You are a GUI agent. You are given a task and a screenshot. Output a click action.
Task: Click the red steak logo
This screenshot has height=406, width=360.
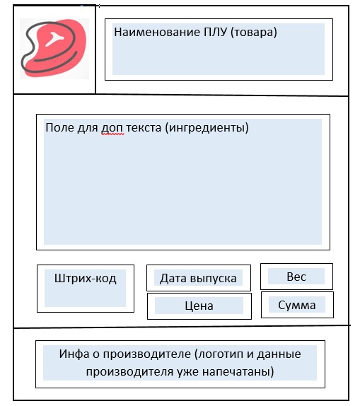point(54,48)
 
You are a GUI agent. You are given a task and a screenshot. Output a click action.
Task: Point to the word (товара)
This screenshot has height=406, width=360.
point(253,33)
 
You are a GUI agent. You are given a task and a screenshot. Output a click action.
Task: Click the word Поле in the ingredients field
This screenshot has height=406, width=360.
point(60,127)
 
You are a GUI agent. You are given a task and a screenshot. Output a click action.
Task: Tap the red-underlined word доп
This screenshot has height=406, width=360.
point(112,128)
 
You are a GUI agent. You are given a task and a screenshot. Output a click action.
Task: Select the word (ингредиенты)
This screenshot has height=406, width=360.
point(207,128)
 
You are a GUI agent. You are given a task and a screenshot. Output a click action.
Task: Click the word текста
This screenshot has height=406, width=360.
point(144,128)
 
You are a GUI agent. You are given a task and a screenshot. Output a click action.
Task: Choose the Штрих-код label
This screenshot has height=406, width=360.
point(85,279)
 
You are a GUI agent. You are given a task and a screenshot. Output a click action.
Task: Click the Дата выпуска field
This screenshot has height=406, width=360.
point(198,278)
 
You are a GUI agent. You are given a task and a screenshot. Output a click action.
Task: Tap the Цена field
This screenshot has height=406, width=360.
point(199,306)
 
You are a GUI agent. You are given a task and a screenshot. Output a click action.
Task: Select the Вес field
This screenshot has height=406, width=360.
point(296,277)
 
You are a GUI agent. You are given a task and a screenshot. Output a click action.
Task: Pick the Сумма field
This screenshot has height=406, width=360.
point(297,305)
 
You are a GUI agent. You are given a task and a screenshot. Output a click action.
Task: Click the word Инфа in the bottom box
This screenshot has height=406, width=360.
point(74,354)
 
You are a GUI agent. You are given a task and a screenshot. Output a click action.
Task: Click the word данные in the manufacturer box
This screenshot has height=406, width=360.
point(279,354)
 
